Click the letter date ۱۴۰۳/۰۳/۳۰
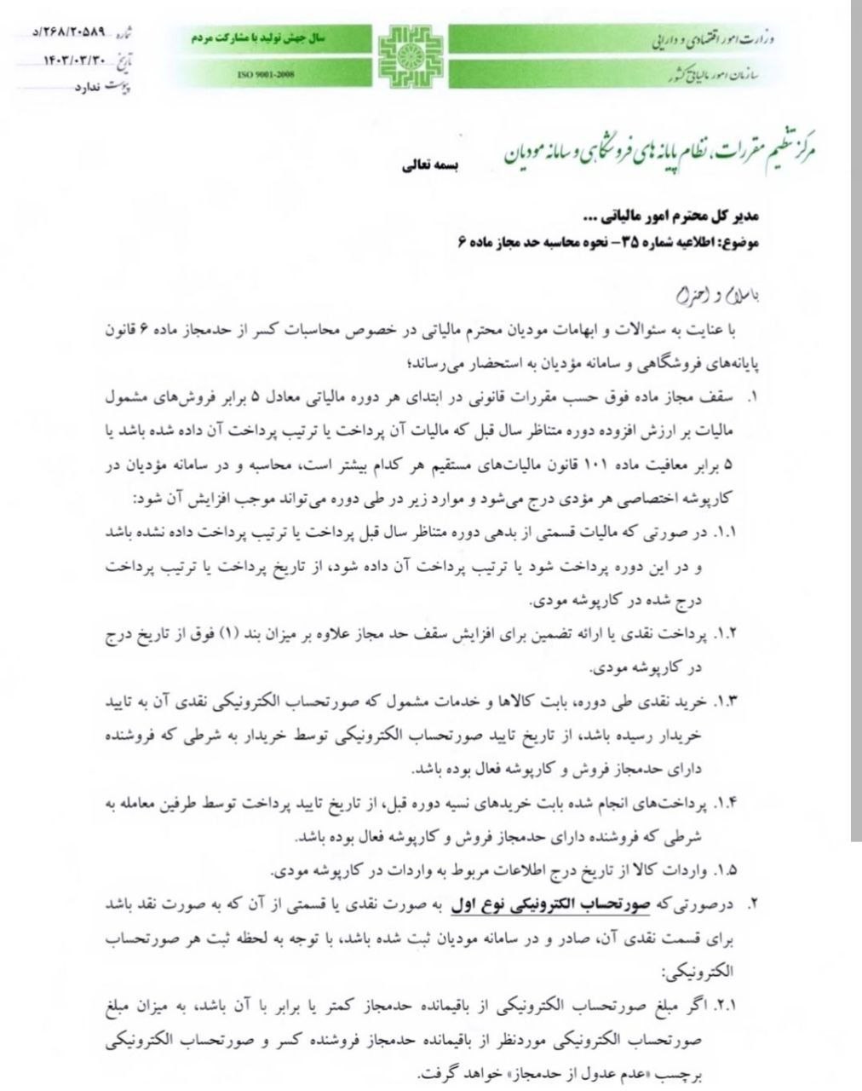[77, 60]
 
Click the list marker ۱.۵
[726, 870]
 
